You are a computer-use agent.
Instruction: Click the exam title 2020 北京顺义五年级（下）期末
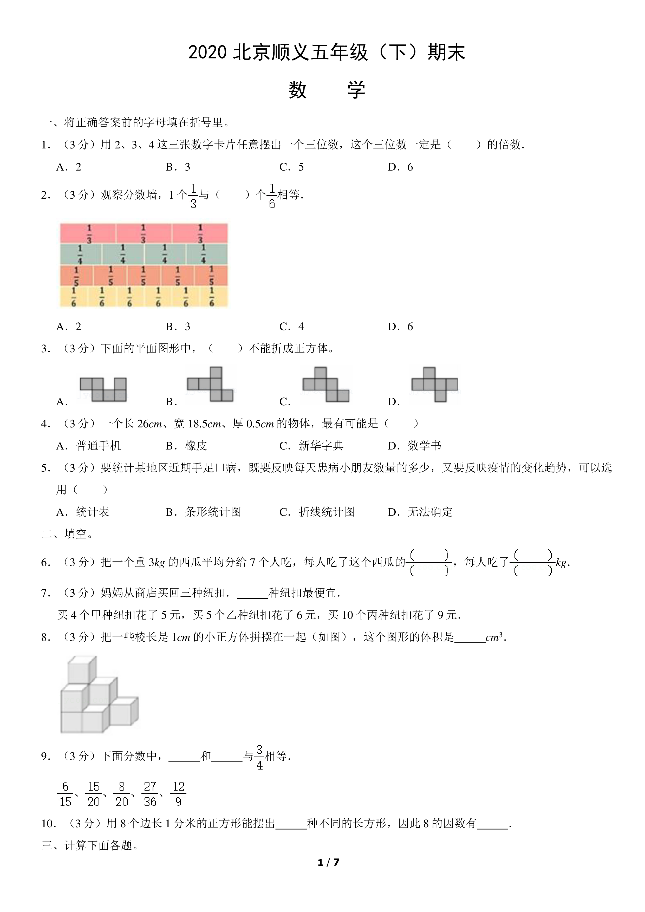point(327,53)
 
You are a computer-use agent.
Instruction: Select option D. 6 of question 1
point(400,167)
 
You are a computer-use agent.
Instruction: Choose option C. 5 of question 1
point(291,167)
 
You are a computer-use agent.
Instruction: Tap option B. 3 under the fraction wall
point(178,327)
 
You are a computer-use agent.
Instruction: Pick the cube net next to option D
point(435,384)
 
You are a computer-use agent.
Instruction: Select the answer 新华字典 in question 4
point(321,446)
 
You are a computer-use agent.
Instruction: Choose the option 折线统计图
point(327,512)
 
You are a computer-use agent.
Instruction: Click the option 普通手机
point(99,446)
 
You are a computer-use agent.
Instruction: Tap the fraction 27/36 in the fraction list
point(150,794)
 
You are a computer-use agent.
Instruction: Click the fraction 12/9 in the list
point(178,794)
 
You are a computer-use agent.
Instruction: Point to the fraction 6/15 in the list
point(65,794)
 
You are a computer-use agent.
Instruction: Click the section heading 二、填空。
point(68,534)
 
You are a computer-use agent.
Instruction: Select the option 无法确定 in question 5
point(430,512)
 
